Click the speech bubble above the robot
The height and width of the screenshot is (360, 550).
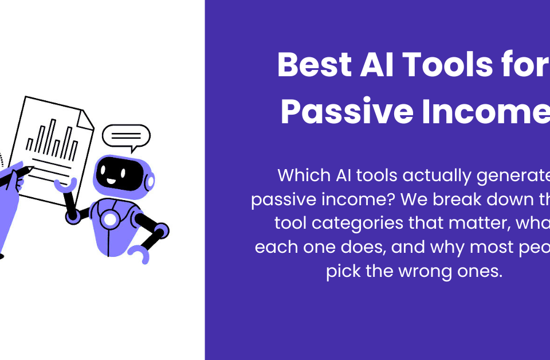125,136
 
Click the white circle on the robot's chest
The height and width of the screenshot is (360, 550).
109,219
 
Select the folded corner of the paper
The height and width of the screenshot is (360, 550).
87,117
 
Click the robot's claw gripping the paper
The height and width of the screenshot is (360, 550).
65,185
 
